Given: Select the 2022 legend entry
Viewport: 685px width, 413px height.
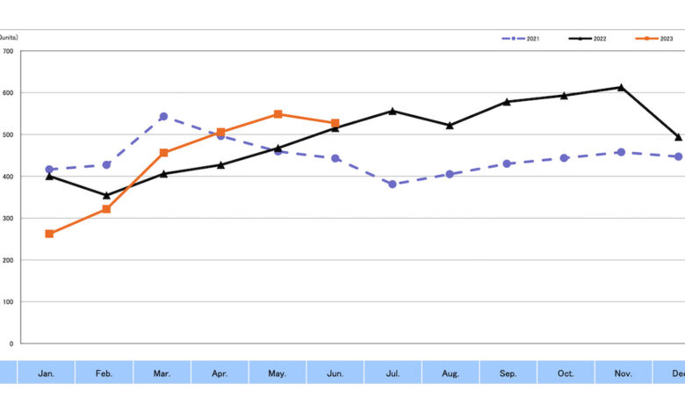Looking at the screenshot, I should tap(588, 40).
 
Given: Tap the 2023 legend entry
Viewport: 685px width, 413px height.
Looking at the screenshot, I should tap(654, 40).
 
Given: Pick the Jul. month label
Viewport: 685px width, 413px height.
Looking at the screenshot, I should tap(393, 373).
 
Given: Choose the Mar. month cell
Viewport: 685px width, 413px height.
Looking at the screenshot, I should tap(162, 373).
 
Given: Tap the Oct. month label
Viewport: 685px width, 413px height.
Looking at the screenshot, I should tap(566, 373).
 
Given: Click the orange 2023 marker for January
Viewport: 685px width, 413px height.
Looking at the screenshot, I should tap(49, 234).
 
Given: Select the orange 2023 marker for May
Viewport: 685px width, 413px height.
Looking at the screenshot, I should tap(278, 114).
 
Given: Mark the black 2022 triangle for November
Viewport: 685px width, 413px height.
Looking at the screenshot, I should tap(621, 87).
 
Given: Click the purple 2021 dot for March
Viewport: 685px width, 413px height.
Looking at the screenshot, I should tap(163, 116).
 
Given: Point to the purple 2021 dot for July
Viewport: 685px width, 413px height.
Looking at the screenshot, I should tap(393, 185).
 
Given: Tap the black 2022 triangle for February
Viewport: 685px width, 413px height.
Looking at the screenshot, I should tap(106, 195).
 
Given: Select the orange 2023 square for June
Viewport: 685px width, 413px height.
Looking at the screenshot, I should tap(335, 123).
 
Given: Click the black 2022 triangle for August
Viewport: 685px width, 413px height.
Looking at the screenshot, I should tap(450, 126).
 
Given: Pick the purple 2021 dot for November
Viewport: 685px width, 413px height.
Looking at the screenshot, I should tap(621, 152).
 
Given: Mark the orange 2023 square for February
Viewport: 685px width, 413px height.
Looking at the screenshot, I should tap(106, 209).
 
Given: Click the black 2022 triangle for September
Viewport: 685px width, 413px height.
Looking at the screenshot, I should tap(507, 102).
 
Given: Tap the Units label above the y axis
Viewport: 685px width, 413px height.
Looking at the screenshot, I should tap(9, 38).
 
